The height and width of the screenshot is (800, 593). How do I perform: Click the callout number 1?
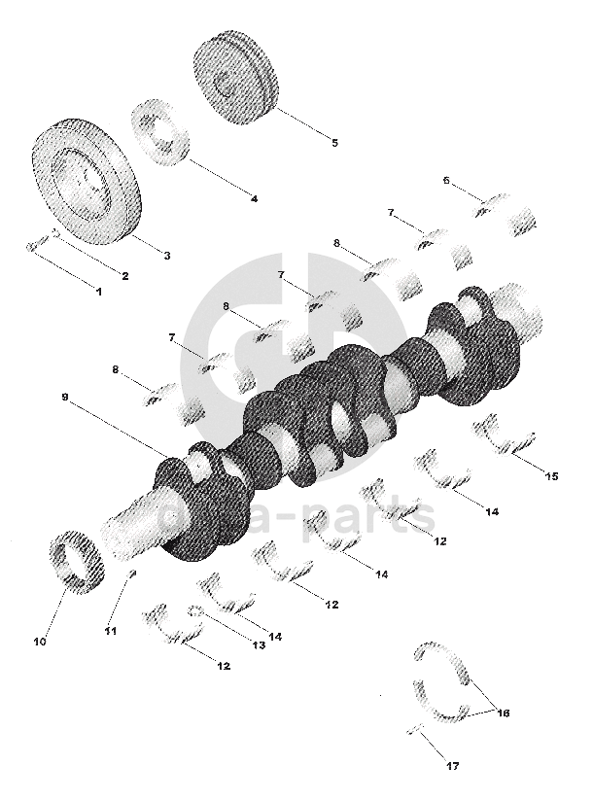point(97,291)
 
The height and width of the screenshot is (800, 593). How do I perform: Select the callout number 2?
point(125,275)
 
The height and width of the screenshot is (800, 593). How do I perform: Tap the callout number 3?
point(166,256)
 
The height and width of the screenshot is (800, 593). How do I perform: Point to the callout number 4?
point(254,198)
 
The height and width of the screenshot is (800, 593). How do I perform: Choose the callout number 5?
point(334,142)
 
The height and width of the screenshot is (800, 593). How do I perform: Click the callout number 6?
point(446,180)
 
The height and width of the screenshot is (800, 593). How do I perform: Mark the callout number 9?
point(66,399)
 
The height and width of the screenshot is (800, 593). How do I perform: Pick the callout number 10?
point(40,642)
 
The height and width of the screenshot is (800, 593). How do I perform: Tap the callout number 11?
point(111,631)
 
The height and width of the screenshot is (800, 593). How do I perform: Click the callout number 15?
point(551,476)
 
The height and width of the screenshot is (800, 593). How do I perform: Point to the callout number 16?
point(504,713)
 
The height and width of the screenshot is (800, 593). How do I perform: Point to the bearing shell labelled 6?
point(493,204)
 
